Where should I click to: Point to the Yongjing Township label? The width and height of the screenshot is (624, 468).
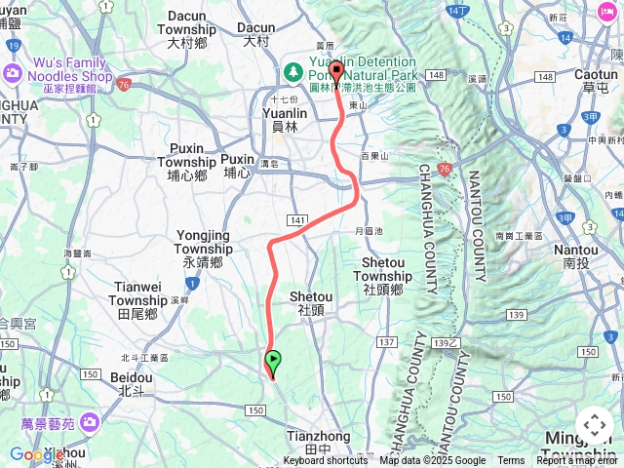(x=203, y=249)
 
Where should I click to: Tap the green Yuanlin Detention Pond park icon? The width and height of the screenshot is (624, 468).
(x=292, y=72)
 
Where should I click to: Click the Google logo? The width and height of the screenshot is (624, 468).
(x=37, y=454)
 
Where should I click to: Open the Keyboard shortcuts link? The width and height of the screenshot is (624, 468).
(x=326, y=461)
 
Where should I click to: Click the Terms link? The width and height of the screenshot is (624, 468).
(x=511, y=461)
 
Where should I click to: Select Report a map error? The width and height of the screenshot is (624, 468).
(x=576, y=461)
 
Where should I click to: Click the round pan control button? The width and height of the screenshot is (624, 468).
(x=595, y=426)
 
